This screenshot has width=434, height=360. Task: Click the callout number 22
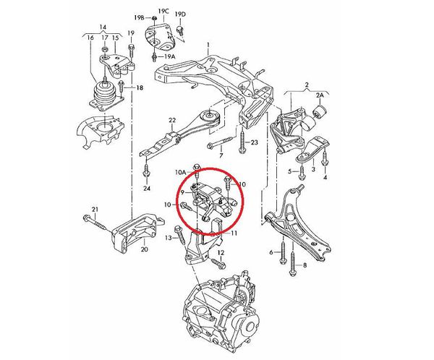point(172,120)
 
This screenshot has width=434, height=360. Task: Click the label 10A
point(181,173)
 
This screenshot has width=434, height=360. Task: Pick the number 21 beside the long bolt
point(94,210)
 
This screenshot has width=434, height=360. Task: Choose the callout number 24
point(147,189)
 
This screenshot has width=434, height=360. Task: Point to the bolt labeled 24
point(147,171)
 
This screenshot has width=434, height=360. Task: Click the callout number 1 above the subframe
point(208,45)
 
